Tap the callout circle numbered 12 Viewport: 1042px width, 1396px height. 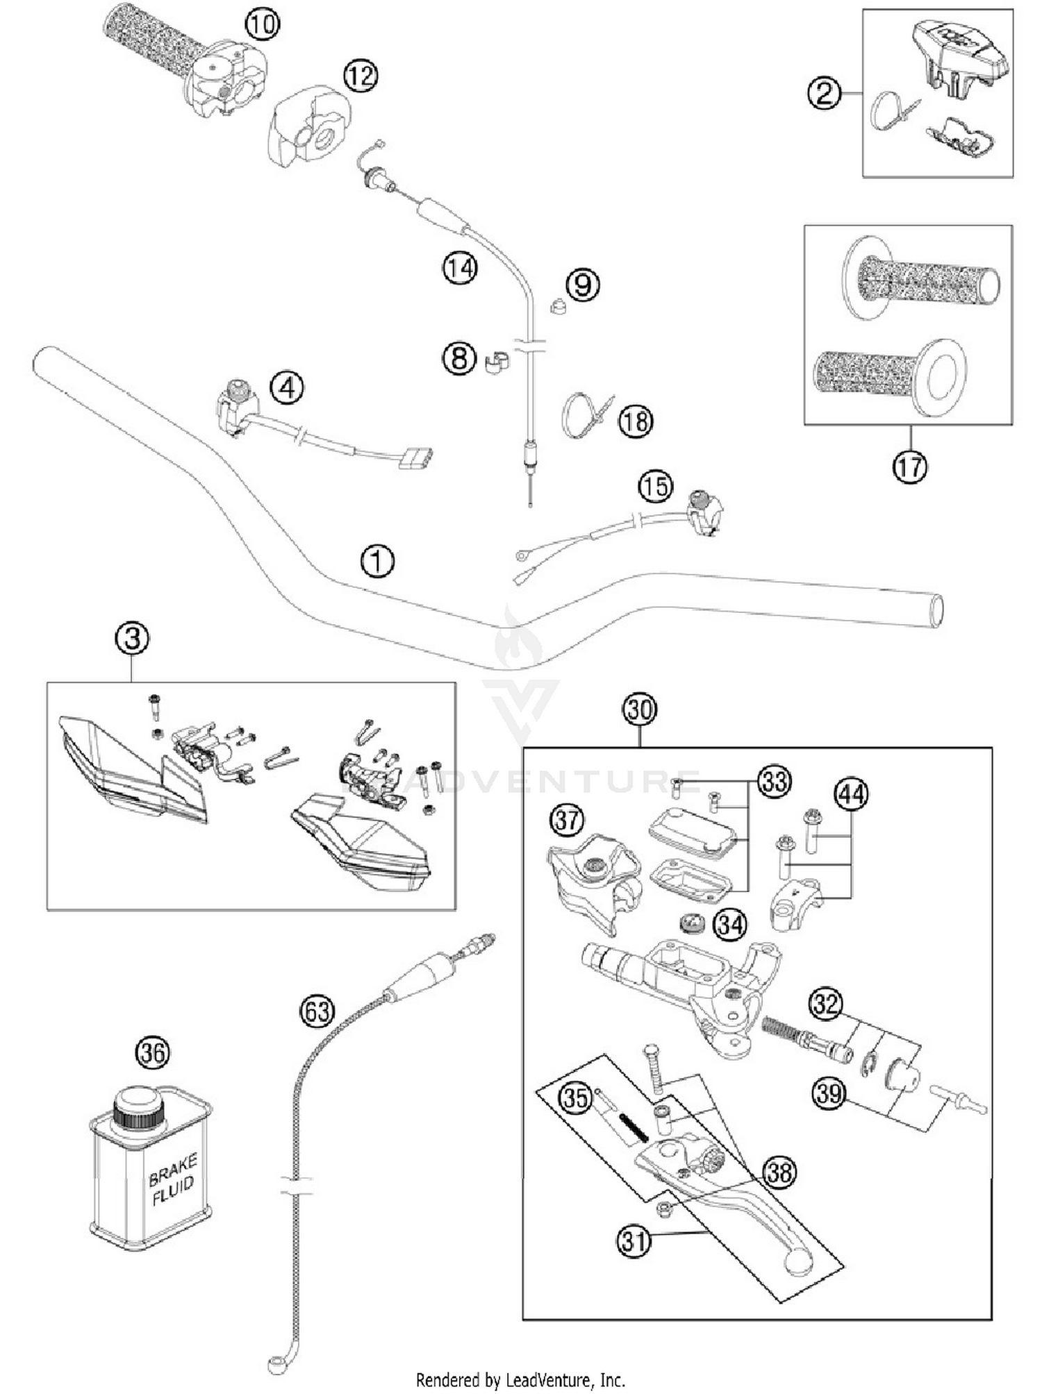click(361, 75)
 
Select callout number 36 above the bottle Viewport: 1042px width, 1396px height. click(153, 1052)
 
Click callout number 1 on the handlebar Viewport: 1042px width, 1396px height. click(377, 561)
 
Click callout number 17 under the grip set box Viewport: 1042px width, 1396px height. click(909, 466)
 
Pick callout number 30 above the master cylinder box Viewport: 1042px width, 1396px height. click(639, 709)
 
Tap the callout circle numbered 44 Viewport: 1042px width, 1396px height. click(852, 794)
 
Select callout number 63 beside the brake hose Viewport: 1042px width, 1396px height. click(317, 1011)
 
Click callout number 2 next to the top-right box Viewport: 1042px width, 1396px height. click(824, 93)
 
